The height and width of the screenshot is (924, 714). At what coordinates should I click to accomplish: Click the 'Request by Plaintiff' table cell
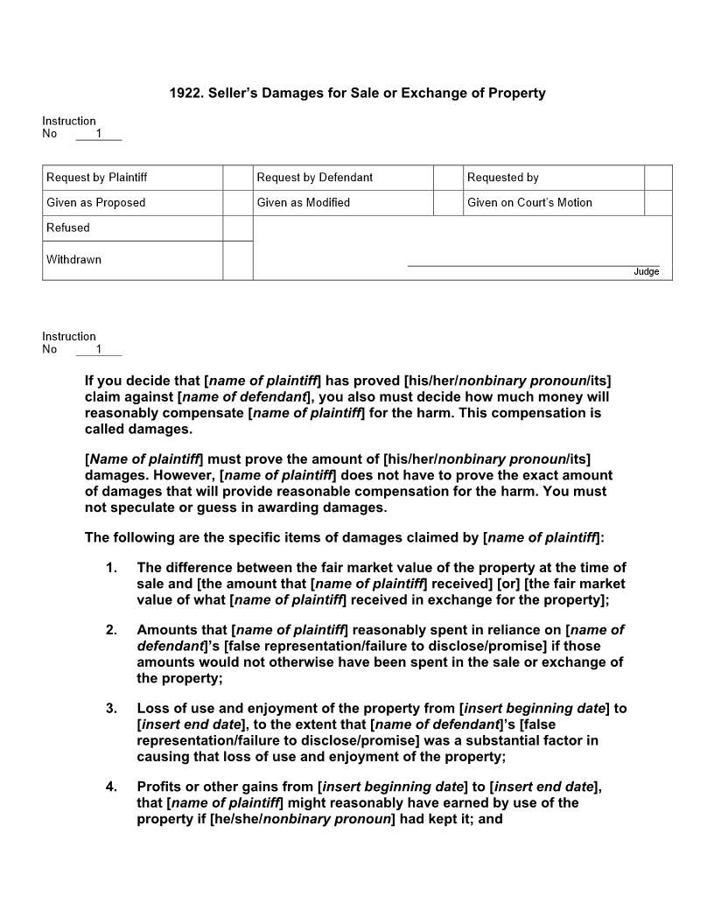(x=96, y=178)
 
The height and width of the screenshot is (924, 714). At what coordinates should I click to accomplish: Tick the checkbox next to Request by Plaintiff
(x=237, y=178)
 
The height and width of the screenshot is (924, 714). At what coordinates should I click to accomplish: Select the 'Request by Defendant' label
(x=314, y=178)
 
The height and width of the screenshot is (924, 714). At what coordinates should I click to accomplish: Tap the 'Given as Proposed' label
(x=95, y=203)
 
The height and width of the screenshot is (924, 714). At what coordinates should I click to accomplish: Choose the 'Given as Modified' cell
(x=303, y=203)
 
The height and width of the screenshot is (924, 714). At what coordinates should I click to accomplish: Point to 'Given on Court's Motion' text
(x=529, y=203)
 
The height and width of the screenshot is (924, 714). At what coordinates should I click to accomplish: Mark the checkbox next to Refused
(x=237, y=228)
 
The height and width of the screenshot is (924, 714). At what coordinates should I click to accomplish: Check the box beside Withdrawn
(x=237, y=261)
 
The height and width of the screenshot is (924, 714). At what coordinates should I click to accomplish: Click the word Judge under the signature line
(x=646, y=272)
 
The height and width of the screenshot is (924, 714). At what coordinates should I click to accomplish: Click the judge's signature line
(x=533, y=264)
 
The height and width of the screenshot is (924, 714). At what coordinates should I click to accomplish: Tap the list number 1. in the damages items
(x=111, y=568)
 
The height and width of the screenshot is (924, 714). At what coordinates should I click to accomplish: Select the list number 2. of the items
(x=111, y=630)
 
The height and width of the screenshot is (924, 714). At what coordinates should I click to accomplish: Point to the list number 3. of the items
(x=111, y=709)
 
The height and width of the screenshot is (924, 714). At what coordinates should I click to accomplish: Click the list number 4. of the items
(x=111, y=787)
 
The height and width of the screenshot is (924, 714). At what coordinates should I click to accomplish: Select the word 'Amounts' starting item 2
(x=166, y=630)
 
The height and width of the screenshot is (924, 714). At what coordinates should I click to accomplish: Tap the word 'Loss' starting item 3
(x=152, y=709)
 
